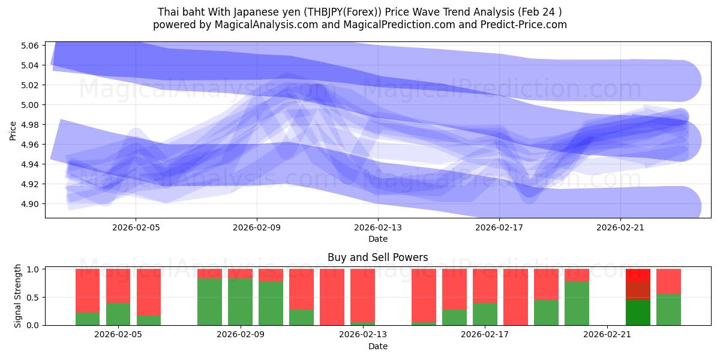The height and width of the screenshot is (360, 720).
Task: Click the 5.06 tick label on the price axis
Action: point(30,46)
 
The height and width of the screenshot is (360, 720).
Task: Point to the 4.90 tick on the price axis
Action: point(30,204)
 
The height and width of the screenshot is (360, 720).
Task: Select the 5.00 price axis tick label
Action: point(30,105)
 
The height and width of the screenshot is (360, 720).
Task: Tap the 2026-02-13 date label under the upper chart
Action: point(378,227)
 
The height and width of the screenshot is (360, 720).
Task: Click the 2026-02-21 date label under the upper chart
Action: point(620,227)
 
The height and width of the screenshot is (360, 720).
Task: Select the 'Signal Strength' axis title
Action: point(18,296)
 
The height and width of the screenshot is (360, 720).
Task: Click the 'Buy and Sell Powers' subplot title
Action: point(377,257)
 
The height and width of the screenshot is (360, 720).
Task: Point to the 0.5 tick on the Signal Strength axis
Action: point(33,297)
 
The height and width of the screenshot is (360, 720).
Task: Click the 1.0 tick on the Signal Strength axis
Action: point(33,269)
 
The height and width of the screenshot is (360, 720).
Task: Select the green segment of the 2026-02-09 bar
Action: point(240,302)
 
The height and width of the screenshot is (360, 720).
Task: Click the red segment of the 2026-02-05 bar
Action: point(118,286)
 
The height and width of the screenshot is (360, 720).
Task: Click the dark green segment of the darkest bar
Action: point(638,313)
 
